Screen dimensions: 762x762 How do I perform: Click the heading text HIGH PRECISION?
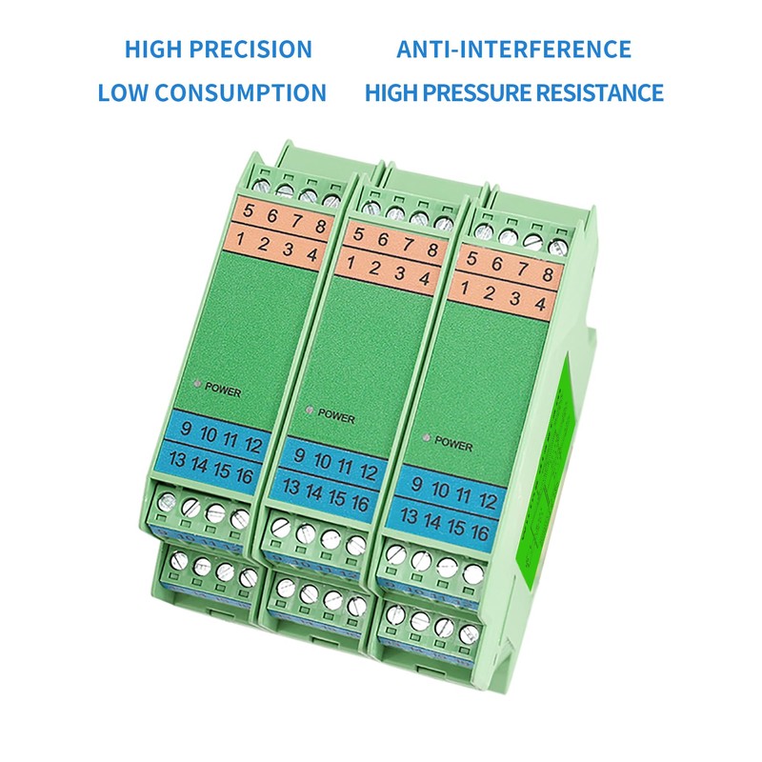(218, 50)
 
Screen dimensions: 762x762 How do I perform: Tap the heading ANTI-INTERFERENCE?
(514, 50)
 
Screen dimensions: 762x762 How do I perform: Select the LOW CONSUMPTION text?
(212, 93)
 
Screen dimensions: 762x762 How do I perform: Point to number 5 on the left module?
(249, 211)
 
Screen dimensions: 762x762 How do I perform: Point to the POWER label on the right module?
(453, 442)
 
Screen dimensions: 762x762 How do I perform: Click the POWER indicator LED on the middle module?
(309, 411)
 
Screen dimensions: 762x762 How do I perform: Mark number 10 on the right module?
(441, 489)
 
